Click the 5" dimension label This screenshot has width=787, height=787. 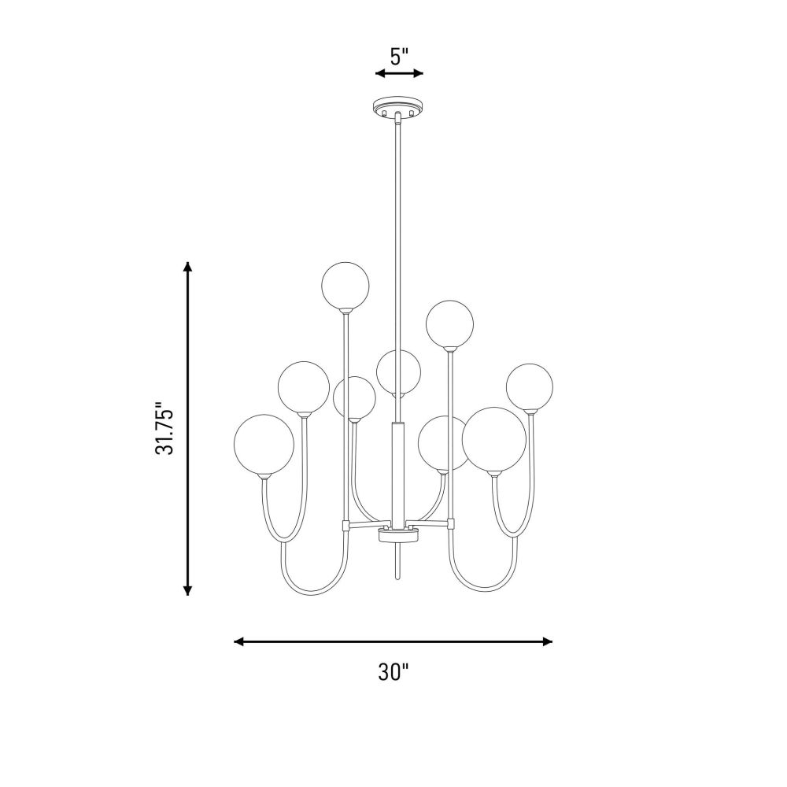coord(400,56)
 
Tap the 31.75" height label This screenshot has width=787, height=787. coord(164,428)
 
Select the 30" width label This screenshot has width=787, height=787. coord(393,672)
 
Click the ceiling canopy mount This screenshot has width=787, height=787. coord(398,107)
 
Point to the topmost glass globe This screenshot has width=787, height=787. coord(345,285)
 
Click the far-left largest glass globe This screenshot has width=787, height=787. coord(264,444)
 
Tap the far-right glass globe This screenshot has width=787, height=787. coord(530,387)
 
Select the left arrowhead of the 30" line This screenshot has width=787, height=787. coord(239,641)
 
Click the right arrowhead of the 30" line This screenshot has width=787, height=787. coord(548,641)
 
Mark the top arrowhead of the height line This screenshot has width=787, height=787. coord(188,267)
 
